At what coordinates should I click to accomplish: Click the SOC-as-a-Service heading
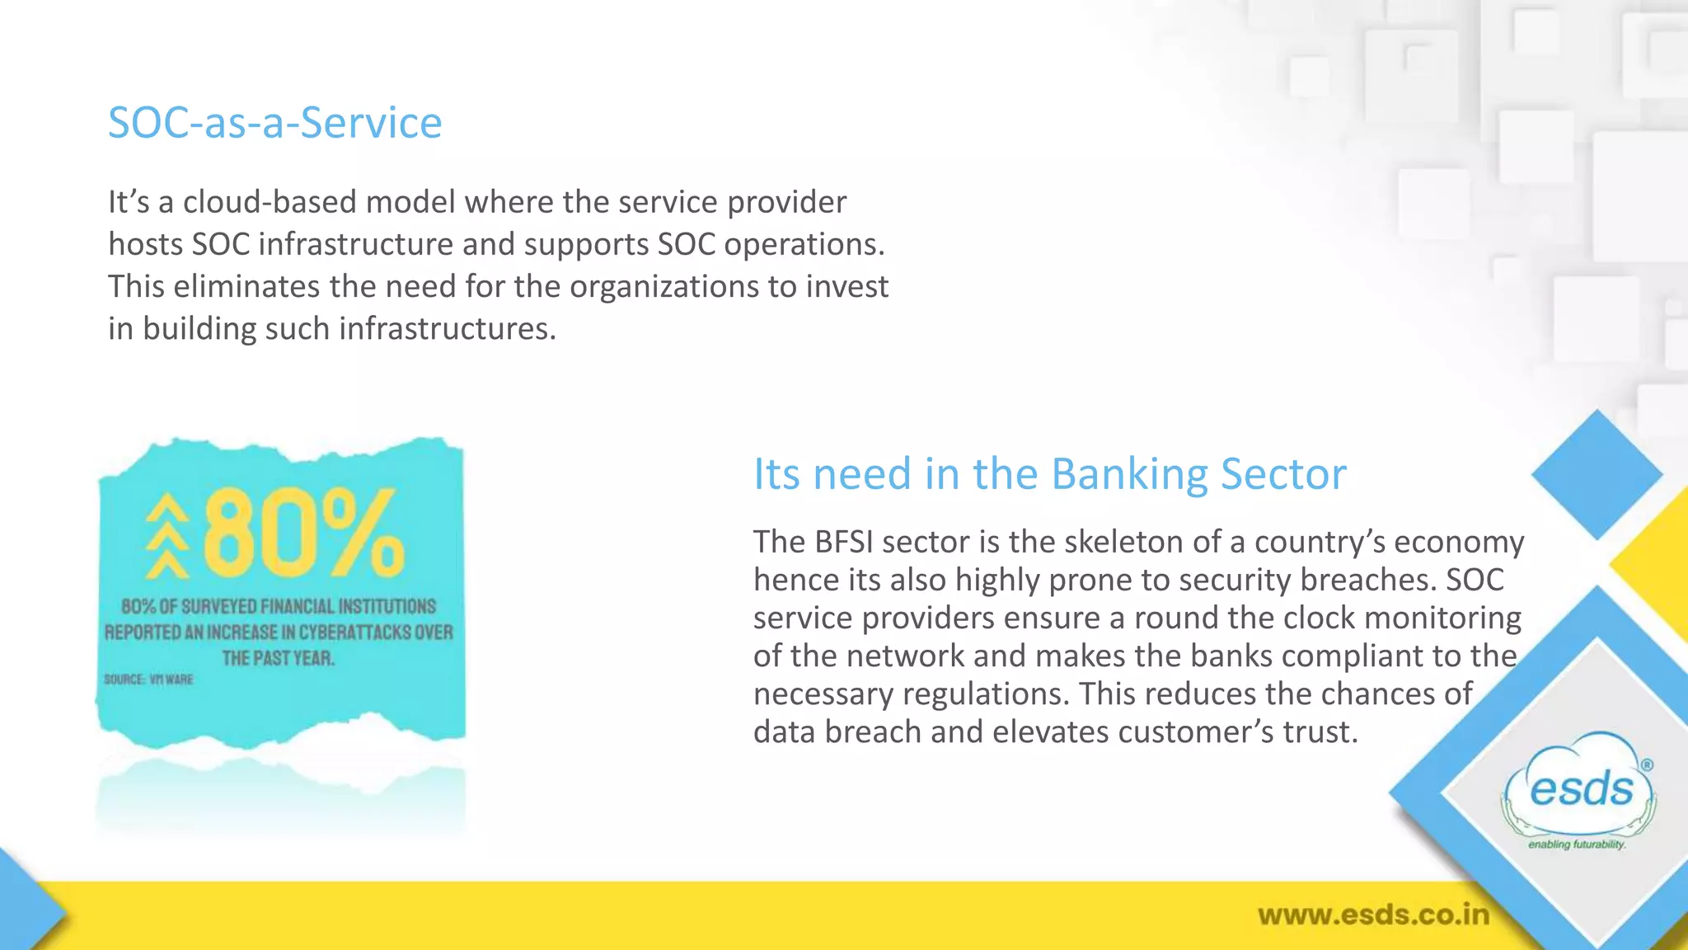coord(274,123)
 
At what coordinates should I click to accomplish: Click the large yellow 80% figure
coord(303,534)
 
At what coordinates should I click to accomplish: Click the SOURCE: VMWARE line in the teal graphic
coord(148,680)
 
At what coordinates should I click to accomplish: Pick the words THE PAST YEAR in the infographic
coord(278,658)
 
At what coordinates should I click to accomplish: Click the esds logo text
coord(1581,790)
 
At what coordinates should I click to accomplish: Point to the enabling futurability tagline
coord(1577,844)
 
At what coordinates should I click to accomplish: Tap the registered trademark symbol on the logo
coord(1646,764)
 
